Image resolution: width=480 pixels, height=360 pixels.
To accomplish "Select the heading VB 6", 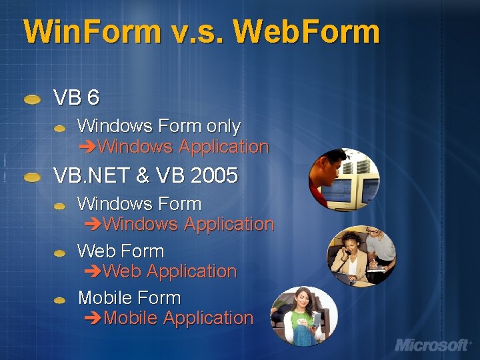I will coord(76,98).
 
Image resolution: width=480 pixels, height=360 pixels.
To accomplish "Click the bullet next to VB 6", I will coord(32,99).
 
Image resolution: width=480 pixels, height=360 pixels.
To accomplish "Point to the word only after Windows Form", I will coord(223,125).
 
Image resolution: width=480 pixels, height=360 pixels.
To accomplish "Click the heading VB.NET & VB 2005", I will coord(145,175).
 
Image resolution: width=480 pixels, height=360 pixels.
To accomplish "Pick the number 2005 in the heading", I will coord(214,175).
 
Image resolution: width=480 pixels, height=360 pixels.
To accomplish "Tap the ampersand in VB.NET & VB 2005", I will coord(143,175).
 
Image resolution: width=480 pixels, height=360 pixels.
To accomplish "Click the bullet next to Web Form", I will coord(60,253).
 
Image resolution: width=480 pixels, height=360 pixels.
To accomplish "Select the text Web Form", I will coord(121,251).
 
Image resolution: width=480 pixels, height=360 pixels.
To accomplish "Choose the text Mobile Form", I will coord(129,297).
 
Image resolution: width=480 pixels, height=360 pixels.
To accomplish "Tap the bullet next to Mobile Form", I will coord(60,300).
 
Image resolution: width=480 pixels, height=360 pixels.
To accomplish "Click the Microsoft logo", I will coord(431,344).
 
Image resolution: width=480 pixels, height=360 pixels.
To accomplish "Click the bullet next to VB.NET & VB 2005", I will coord(32,177).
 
